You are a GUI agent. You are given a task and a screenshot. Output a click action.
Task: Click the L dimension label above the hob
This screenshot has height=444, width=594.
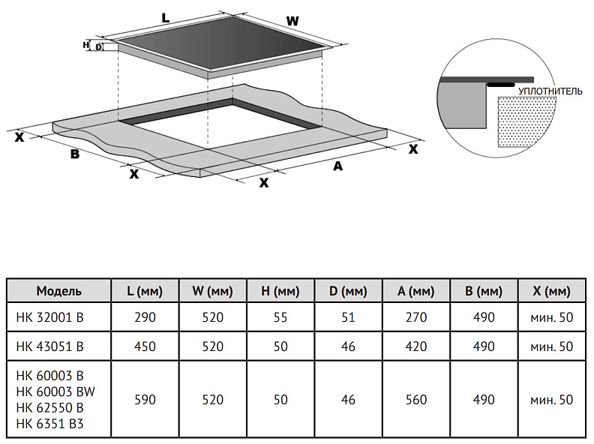165,16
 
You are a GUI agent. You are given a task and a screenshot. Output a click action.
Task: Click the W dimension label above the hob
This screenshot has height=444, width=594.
292,21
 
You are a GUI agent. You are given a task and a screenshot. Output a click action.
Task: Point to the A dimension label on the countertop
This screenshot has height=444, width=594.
338,166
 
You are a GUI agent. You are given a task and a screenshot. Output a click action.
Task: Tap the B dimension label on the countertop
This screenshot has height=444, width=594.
74,154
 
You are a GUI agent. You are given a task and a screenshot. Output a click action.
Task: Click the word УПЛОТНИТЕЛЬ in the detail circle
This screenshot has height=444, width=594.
550,91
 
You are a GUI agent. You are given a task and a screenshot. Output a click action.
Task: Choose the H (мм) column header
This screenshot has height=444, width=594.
280,290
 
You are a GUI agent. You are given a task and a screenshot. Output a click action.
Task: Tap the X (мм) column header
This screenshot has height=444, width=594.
551,290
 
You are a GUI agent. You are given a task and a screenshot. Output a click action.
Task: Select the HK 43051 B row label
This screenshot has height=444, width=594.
49,346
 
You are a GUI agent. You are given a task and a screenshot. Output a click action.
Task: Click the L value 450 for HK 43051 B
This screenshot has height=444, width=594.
145,346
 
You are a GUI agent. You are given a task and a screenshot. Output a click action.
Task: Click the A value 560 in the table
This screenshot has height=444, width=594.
415,400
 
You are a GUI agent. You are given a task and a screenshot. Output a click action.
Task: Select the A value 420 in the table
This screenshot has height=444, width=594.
415,346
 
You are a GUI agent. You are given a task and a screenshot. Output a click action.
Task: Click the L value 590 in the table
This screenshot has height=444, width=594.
145,400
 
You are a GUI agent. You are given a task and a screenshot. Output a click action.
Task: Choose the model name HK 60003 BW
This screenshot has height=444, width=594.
55,391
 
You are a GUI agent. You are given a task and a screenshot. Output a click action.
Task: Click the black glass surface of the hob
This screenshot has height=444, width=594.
225,45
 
